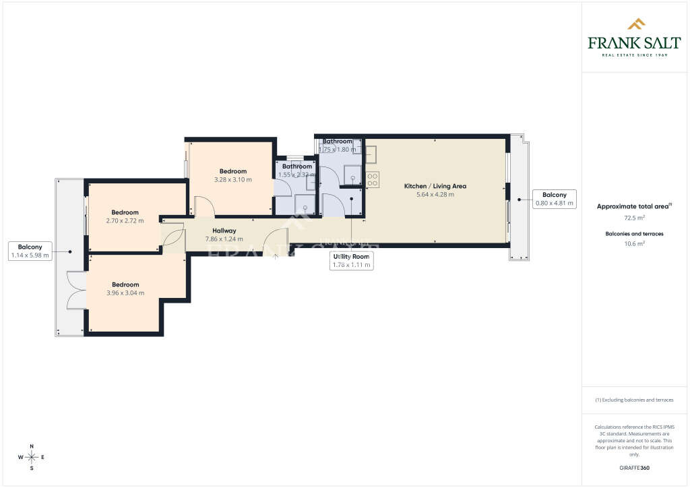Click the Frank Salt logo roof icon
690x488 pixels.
tap(636, 25)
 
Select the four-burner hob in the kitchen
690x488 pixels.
tap(373, 179)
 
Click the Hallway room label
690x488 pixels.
tap(224, 231)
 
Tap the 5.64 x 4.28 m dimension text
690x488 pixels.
tap(435, 195)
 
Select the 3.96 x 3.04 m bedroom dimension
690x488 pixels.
tap(125, 293)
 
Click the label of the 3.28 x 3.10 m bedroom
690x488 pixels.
tap(232, 171)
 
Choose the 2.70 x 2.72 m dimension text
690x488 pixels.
tap(125, 220)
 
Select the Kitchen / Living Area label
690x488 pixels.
tap(435, 186)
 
